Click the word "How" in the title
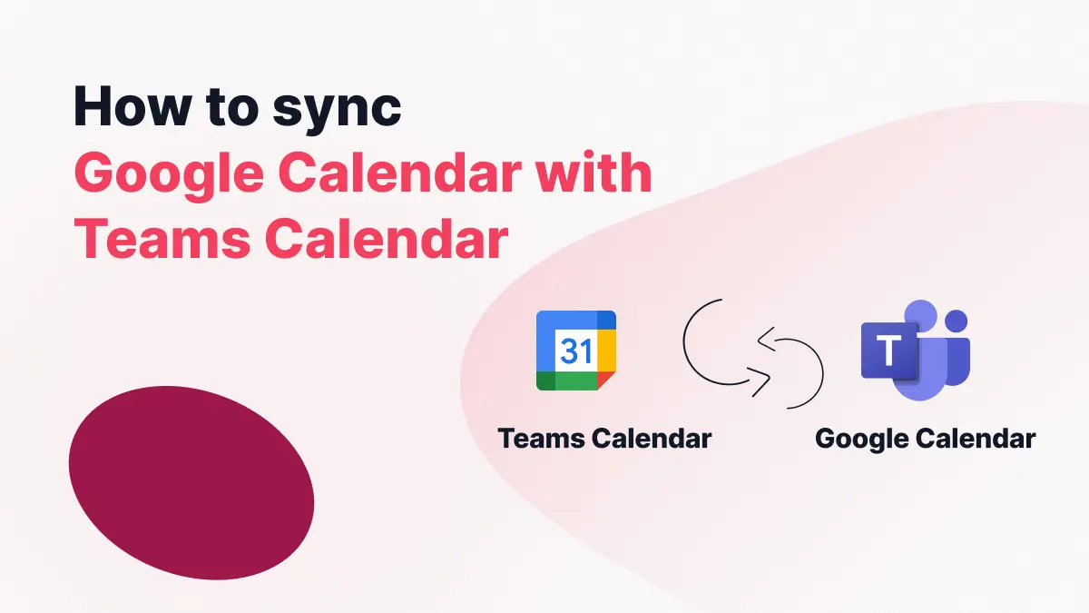(x=132, y=106)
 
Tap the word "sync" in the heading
(x=337, y=111)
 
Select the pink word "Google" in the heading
(x=169, y=175)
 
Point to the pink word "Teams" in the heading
(x=162, y=239)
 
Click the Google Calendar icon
(x=576, y=351)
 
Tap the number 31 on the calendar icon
(x=576, y=351)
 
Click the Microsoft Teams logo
(x=916, y=351)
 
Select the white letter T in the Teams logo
(x=888, y=350)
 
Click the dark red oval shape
(x=191, y=482)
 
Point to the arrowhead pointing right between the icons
(x=760, y=381)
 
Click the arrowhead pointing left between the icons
(x=767, y=339)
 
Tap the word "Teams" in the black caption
(x=541, y=439)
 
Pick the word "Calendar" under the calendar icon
(x=652, y=439)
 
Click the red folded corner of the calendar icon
(x=605, y=380)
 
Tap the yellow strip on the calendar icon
(x=607, y=351)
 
